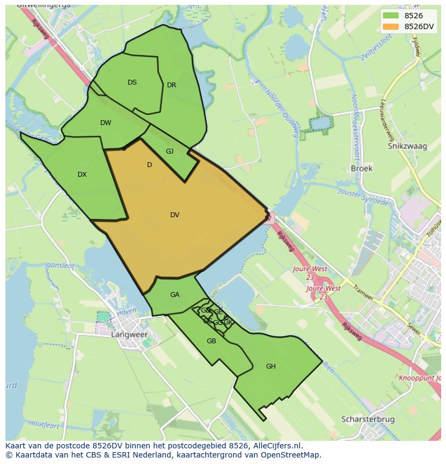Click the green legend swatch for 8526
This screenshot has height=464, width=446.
[391, 16]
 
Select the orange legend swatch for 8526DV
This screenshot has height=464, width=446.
[391, 26]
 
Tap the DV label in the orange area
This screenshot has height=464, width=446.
[175, 215]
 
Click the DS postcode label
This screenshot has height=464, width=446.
[132, 82]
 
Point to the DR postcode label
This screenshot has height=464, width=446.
[171, 85]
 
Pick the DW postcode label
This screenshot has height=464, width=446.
[106, 123]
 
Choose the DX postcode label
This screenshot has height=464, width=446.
[82, 175]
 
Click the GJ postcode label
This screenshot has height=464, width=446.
[170, 151]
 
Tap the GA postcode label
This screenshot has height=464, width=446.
[175, 295]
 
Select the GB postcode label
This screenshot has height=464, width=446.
[211, 341]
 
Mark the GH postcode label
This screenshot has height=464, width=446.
[270, 366]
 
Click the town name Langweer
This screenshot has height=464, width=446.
[129, 335]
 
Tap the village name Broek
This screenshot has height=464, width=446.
[361, 169]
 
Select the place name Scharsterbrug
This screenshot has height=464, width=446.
[368, 419]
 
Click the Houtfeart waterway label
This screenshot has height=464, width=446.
[44, 425]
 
